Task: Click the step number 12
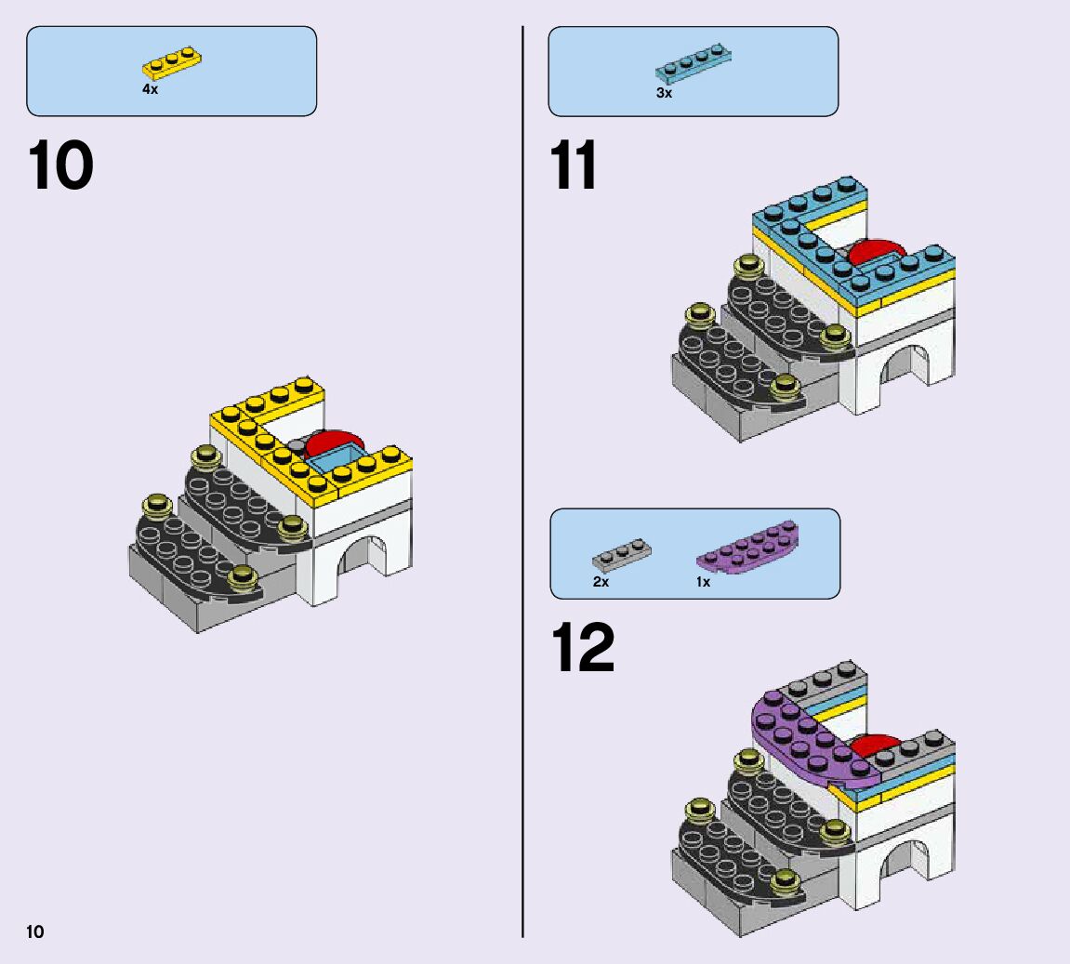583,648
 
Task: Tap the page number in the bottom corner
34,932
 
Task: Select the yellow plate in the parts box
173,63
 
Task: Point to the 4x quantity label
150,89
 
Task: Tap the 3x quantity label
664,93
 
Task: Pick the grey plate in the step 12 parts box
621,555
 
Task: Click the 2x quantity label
601,582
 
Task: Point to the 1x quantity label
704,582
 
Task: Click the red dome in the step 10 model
335,442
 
